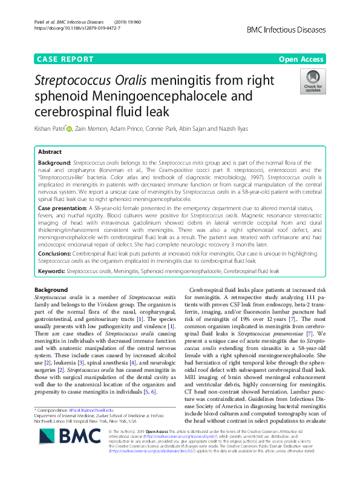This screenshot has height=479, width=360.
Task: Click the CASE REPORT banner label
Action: click(x=65, y=59)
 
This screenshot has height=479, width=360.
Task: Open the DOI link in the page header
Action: click(x=82, y=28)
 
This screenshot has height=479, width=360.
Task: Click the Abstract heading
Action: click(x=50, y=152)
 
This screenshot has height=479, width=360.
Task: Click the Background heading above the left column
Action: click(x=51, y=290)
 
